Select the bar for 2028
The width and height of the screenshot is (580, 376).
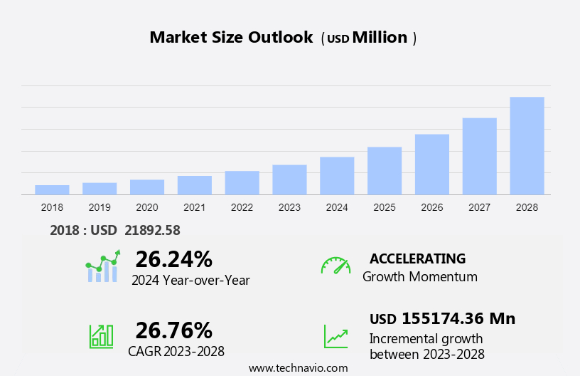[x=527, y=146]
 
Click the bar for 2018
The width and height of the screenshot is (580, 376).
[x=52, y=189]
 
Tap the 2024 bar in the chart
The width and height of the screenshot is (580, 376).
[x=337, y=176]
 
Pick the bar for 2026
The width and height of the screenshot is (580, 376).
[x=432, y=164]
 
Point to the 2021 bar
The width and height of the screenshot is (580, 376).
[x=195, y=185]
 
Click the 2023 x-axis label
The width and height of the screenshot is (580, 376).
[x=289, y=207]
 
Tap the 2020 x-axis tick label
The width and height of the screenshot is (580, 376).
[x=147, y=207]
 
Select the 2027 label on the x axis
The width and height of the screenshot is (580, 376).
[x=480, y=207]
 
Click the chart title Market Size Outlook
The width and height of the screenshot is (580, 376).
[x=231, y=38]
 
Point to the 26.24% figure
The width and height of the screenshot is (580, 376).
[x=173, y=259]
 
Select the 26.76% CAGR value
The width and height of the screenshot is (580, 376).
[x=173, y=330]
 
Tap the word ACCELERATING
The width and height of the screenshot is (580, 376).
[x=417, y=258]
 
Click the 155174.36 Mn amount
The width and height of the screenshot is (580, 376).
[x=458, y=318]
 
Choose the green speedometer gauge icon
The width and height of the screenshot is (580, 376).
[x=335, y=266]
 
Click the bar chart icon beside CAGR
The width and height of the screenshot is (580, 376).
[x=101, y=336]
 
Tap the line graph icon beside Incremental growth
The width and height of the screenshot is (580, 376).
[x=335, y=336]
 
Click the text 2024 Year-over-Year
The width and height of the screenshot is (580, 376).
[x=190, y=281]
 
